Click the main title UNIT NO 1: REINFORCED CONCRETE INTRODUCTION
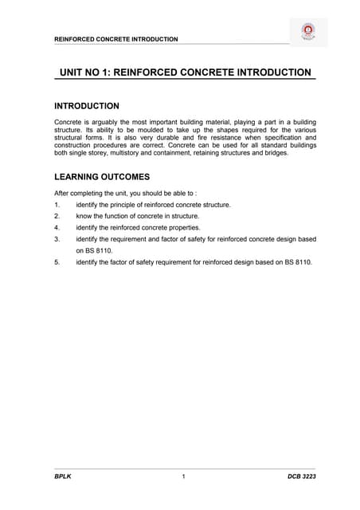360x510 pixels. pyautogui.click(x=186, y=73)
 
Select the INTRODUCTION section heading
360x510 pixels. pyautogui.click(x=86, y=106)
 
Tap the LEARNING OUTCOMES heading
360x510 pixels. pyautogui.click(x=101, y=177)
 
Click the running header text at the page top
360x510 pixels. pyautogui.click(x=115, y=39)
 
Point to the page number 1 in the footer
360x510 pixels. pyautogui.click(x=183, y=477)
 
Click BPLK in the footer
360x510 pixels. pyautogui.click(x=63, y=477)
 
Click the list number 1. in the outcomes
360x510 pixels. pyautogui.click(x=57, y=205)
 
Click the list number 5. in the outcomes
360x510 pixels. pyautogui.click(x=57, y=261)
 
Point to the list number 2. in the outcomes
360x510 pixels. pyautogui.click(x=57, y=216)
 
